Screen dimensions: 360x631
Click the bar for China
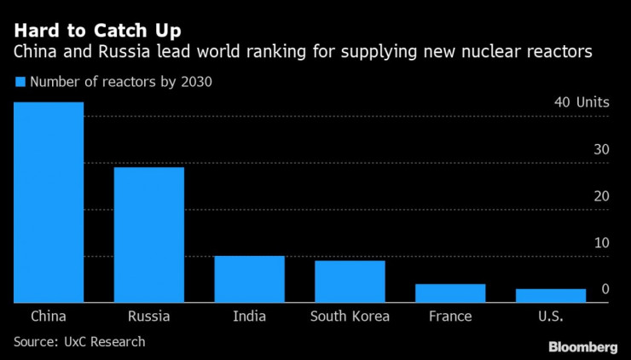tap(49, 202)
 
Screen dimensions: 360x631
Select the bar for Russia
tap(149, 235)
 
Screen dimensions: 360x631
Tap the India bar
tap(249, 279)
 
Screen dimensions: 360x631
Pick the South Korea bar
tap(350, 282)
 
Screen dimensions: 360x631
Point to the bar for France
tap(450, 293)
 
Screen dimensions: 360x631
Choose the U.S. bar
tap(551, 296)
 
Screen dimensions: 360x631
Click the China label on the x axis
tap(49, 316)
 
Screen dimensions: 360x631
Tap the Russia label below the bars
tap(149, 316)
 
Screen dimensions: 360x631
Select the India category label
tap(249, 316)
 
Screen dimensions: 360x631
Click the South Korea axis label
tap(350, 316)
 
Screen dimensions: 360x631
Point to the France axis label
tap(450, 316)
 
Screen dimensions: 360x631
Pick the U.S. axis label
tap(551, 316)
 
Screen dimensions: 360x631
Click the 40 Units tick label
tap(582, 102)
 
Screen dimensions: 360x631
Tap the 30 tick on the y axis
tap(601, 149)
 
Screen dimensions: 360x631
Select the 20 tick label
tap(601, 196)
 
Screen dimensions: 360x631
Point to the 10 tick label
tap(601, 243)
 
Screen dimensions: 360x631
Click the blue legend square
tap(19, 83)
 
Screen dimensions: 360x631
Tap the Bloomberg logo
tap(582, 346)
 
